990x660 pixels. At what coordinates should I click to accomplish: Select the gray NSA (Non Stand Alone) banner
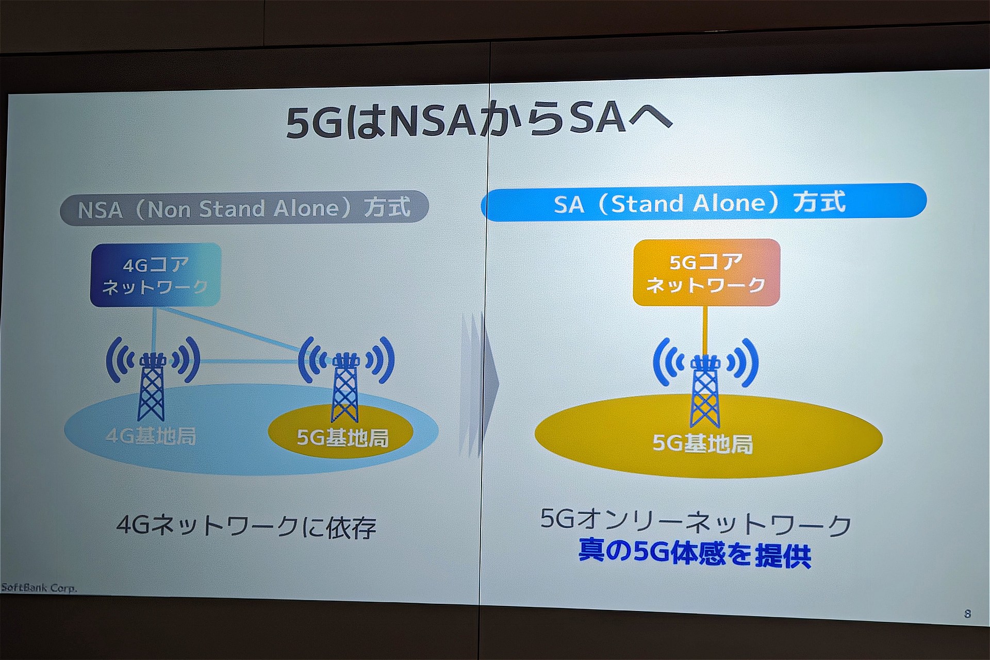(244, 208)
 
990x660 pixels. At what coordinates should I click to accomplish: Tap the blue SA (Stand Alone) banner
(704, 202)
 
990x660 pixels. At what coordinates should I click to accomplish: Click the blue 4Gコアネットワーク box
(156, 275)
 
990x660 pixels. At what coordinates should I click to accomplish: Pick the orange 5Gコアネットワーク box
(706, 272)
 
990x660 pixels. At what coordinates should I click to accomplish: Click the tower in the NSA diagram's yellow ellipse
(345, 387)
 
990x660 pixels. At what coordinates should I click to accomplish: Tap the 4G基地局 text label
(151, 437)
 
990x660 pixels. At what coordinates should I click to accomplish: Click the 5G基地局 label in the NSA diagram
(343, 438)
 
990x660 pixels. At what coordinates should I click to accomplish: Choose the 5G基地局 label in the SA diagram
(703, 443)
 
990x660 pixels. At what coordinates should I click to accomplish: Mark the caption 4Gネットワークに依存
(246, 526)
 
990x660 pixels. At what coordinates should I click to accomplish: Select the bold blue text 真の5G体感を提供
(695, 553)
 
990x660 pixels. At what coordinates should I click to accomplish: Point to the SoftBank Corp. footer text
(39, 588)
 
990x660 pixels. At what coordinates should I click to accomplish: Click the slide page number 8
(967, 614)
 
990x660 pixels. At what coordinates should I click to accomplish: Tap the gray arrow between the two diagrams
(480, 384)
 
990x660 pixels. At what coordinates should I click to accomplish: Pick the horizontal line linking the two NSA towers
(250, 362)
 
